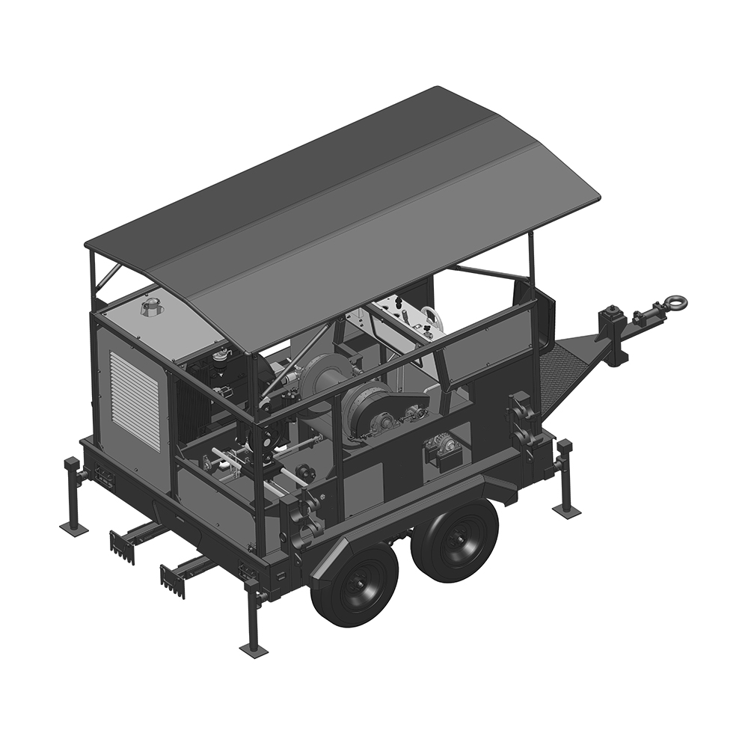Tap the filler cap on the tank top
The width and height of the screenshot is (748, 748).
click(x=152, y=306)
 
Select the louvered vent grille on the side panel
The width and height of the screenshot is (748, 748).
click(x=135, y=400)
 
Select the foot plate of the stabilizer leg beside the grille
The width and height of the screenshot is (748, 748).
click(x=73, y=528)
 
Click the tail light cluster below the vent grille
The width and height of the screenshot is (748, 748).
click(x=102, y=476)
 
